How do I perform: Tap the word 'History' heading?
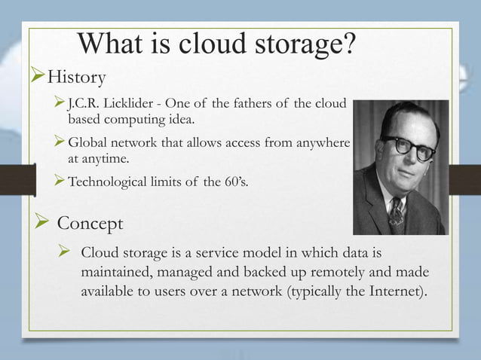(x=76, y=77)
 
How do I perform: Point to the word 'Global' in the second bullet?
(x=89, y=143)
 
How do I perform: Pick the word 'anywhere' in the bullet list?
(x=318, y=143)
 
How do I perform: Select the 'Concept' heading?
(x=90, y=224)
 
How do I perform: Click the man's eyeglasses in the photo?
(x=408, y=147)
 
